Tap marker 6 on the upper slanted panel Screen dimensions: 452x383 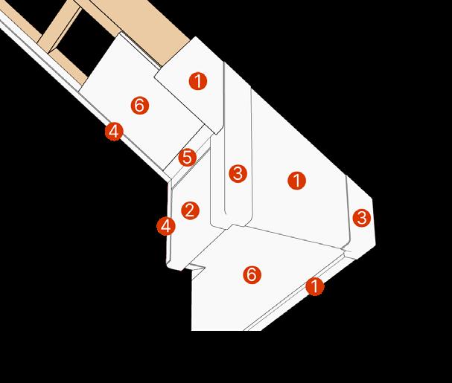tap(139, 106)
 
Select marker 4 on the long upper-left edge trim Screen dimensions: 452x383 tap(113, 132)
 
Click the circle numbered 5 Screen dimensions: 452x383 tap(187, 158)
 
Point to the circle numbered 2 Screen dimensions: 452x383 tap(190, 210)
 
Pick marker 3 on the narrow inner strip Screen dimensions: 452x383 tap(238, 174)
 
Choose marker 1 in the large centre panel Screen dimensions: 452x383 tap(296, 180)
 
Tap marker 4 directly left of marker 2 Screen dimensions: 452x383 tap(166, 225)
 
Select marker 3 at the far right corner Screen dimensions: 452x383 tap(361, 218)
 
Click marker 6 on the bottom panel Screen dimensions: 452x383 tap(252, 275)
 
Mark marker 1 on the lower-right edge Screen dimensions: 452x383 tap(314, 286)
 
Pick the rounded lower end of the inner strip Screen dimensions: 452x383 tap(222, 222)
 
